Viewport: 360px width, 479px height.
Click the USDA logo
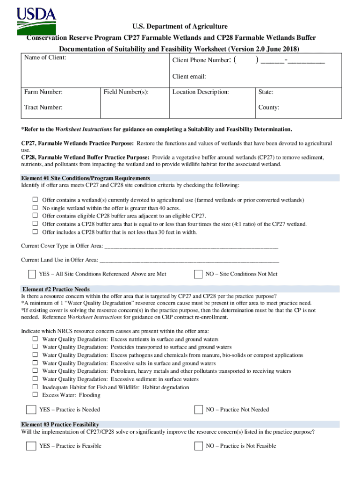pyautogui.click(x=36, y=21)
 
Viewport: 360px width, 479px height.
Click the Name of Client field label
pyautogui.click(x=45, y=58)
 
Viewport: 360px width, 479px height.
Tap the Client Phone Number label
pyautogui.click(x=201, y=60)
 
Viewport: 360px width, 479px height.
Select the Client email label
pyautogui.click(x=189, y=77)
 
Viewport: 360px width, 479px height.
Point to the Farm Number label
pyautogui.click(x=43, y=92)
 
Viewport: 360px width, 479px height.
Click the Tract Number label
pyautogui.click(x=43, y=108)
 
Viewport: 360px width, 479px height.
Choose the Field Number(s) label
pyautogui.click(x=126, y=92)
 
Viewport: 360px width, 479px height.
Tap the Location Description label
pyautogui.click(x=201, y=92)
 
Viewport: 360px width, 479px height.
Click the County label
pyautogui.click(x=269, y=108)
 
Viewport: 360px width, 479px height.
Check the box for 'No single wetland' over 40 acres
pyautogui.click(x=35, y=208)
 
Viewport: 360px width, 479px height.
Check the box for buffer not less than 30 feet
pyautogui.click(x=35, y=232)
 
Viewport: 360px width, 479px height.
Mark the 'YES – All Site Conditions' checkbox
pyautogui.click(x=32, y=274)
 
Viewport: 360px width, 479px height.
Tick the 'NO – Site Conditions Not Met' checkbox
pyautogui.click(x=198, y=274)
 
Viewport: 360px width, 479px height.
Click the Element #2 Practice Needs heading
pyautogui.click(x=56, y=289)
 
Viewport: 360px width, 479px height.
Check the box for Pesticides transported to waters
pyautogui.click(x=35, y=347)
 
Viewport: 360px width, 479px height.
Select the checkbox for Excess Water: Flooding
pyautogui.click(x=35, y=395)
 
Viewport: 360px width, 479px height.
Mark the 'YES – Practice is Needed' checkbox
pyautogui.click(x=31, y=410)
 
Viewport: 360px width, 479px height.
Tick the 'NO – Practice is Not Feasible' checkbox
pyautogui.click(x=198, y=446)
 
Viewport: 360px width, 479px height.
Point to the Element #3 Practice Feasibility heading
pyautogui.click(x=60, y=424)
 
